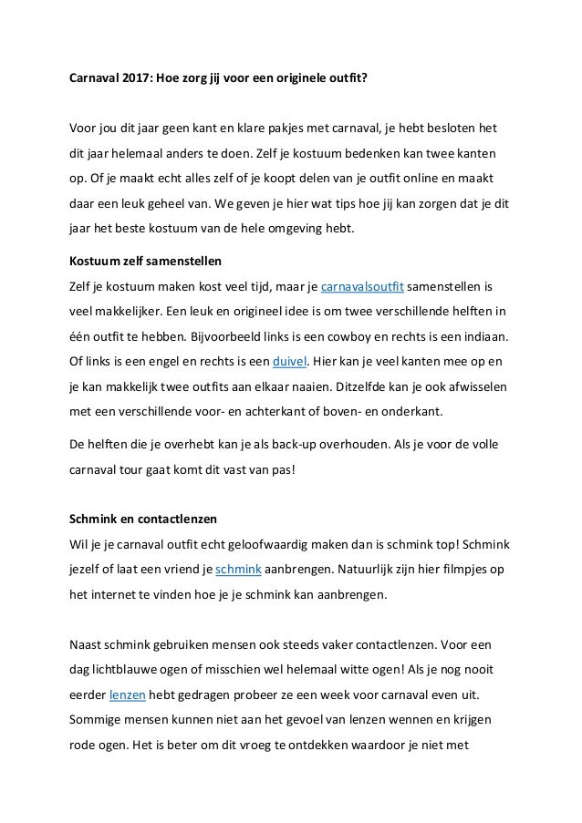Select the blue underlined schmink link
(x=239, y=571)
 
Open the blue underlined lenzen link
(x=126, y=694)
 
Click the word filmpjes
(x=461, y=571)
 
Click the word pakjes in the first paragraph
(x=297, y=126)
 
